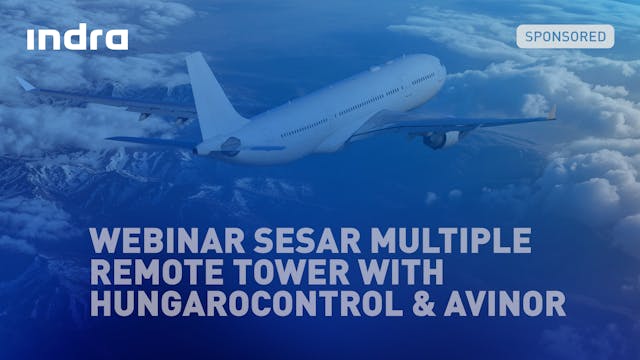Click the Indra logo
click(77, 38)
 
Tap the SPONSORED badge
click(565, 37)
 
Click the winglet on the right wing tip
click(551, 112)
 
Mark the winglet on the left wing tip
click(24, 84)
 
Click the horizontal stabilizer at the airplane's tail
click(150, 141)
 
